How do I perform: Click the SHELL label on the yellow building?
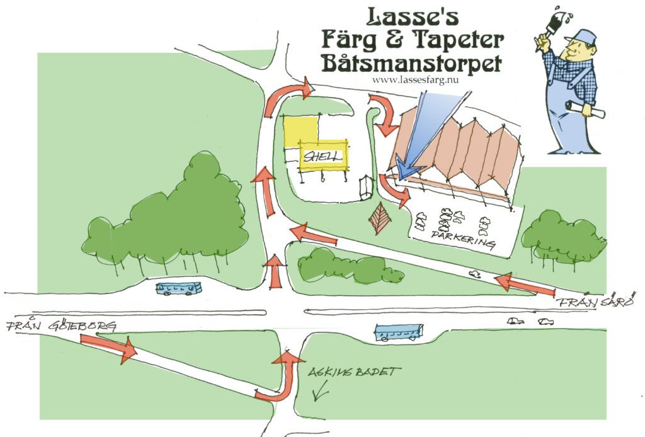click(x=323, y=156)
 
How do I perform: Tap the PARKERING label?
click(x=463, y=239)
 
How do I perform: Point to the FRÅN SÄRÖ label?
click(x=595, y=301)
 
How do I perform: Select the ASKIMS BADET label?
click(x=354, y=372)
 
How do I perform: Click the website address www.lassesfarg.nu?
click(x=415, y=80)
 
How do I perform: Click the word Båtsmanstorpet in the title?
click(x=411, y=63)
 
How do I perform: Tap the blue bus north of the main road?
click(x=179, y=288)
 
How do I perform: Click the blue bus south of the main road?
click(x=399, y=332)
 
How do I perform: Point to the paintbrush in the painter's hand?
click(x=551, y=28)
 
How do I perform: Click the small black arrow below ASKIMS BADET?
click(x=321, y=390)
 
